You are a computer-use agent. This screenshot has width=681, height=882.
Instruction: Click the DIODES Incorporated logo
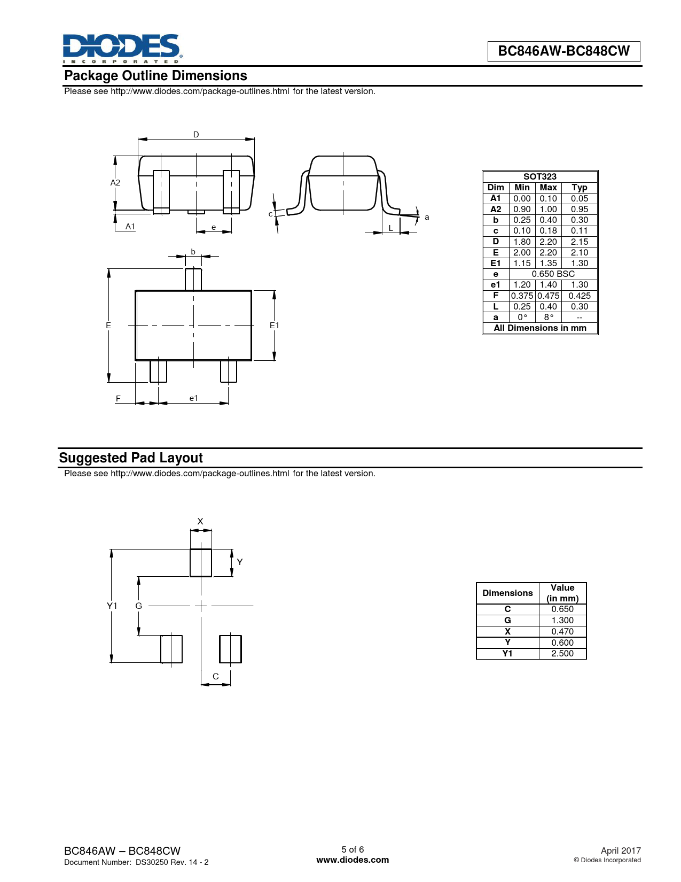122,49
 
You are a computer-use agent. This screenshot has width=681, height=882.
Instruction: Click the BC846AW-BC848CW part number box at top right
563,51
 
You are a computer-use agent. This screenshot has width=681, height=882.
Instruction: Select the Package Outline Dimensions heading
156,75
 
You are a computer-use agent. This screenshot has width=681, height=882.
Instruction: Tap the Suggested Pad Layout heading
131,458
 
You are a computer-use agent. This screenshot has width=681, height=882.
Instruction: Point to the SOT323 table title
539,176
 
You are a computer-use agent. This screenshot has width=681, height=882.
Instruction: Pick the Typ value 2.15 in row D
579,242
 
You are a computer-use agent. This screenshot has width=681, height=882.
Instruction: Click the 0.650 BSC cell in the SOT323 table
553,274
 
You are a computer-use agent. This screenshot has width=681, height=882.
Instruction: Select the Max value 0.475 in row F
548,296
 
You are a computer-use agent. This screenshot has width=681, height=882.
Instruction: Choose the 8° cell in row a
549,318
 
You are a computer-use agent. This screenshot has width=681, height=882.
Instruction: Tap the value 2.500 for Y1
562,653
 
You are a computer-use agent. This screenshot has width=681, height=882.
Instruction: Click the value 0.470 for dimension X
562,631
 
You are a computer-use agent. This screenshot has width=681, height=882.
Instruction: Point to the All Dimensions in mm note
539,328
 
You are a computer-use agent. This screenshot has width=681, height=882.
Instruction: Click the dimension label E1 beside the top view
274,325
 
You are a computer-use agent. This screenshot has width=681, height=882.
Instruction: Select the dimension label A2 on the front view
115,183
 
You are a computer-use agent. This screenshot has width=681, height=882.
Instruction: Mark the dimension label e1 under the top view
194,398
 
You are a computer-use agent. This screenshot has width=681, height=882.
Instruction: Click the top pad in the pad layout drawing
201,562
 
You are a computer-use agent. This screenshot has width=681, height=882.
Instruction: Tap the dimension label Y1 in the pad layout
112,606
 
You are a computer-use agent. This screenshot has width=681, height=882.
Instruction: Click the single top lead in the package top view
193,279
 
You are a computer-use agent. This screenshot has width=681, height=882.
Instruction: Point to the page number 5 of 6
353,849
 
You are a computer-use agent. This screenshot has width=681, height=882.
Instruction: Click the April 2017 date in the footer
621,850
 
